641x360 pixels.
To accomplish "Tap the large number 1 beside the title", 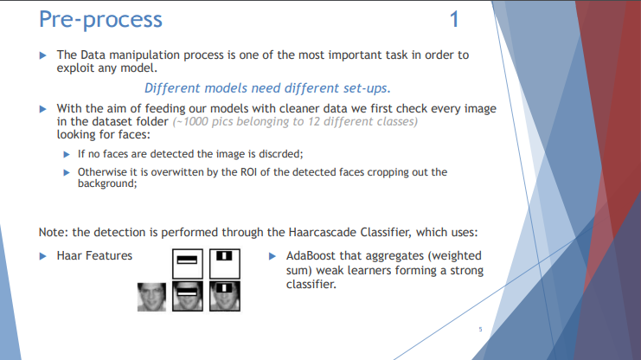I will coord(455,18).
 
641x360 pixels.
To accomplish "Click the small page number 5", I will coord(481,329).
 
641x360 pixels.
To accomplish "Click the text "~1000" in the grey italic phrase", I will coord(190,121).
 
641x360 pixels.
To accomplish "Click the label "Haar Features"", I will coord(94,255).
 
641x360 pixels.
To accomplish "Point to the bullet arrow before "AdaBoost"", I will coord(273,256).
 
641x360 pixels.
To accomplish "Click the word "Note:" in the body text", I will coord(54,232).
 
